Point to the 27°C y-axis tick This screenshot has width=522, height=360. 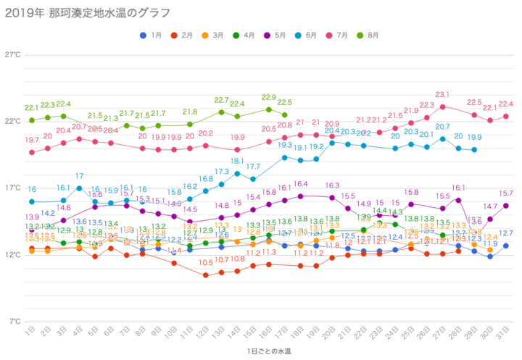13,55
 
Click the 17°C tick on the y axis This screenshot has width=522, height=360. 13,188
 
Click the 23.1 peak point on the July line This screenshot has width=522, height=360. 442,106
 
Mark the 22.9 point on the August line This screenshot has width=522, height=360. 269,109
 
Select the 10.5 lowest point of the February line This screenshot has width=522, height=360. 206,275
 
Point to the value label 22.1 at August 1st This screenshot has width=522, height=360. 31,108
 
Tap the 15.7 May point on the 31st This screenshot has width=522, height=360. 505,205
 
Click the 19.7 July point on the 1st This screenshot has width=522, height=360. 32,152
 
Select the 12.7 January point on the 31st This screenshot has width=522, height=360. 505,246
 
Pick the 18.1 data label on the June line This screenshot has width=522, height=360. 237,161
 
